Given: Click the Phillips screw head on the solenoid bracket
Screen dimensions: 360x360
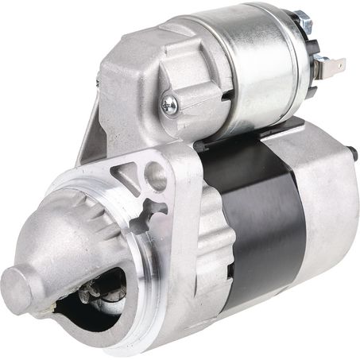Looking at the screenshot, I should tap(168, 103).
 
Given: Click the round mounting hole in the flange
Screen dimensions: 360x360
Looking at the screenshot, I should tap(156, 177).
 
